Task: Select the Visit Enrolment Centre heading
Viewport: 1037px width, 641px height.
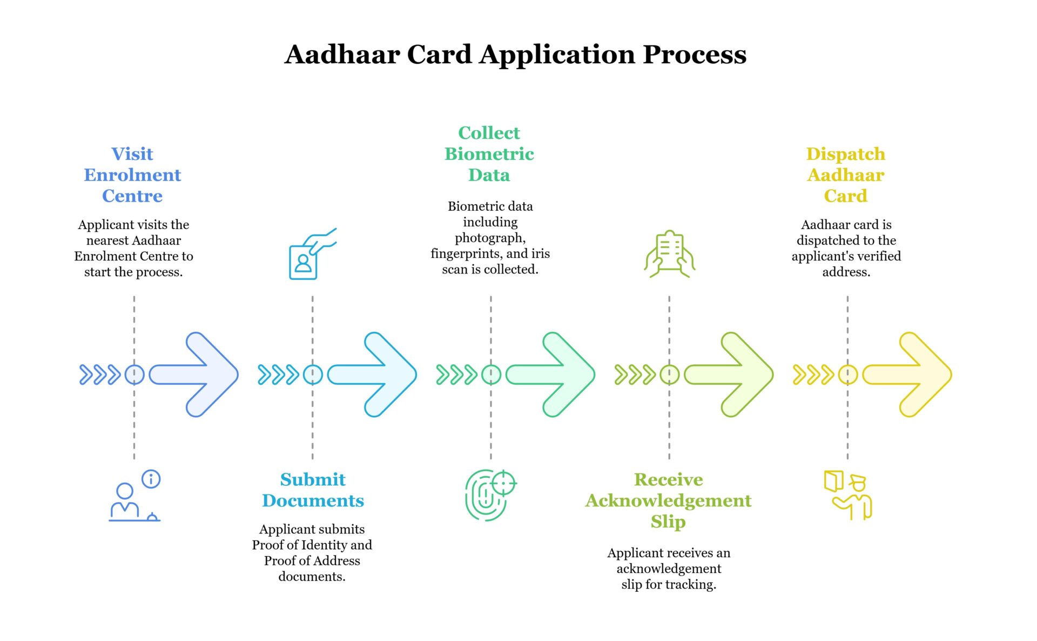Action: (132, 175)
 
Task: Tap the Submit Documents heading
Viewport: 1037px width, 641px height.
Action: (313, 490)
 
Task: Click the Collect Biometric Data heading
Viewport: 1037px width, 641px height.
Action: (489, 154)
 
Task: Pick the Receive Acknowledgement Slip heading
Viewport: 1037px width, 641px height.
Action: (668, 500)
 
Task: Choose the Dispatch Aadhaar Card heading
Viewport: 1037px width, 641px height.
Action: (845, 175)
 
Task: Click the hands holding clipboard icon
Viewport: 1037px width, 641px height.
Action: (669, 254)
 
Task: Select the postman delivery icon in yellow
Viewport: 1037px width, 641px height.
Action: (849, 496)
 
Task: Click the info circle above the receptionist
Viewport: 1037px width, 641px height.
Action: (151, 479)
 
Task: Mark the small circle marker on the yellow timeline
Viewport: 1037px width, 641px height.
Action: (847, 375)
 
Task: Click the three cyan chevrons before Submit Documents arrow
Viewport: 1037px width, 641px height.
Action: (278, 375)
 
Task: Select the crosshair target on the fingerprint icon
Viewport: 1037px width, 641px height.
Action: (504, 482)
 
